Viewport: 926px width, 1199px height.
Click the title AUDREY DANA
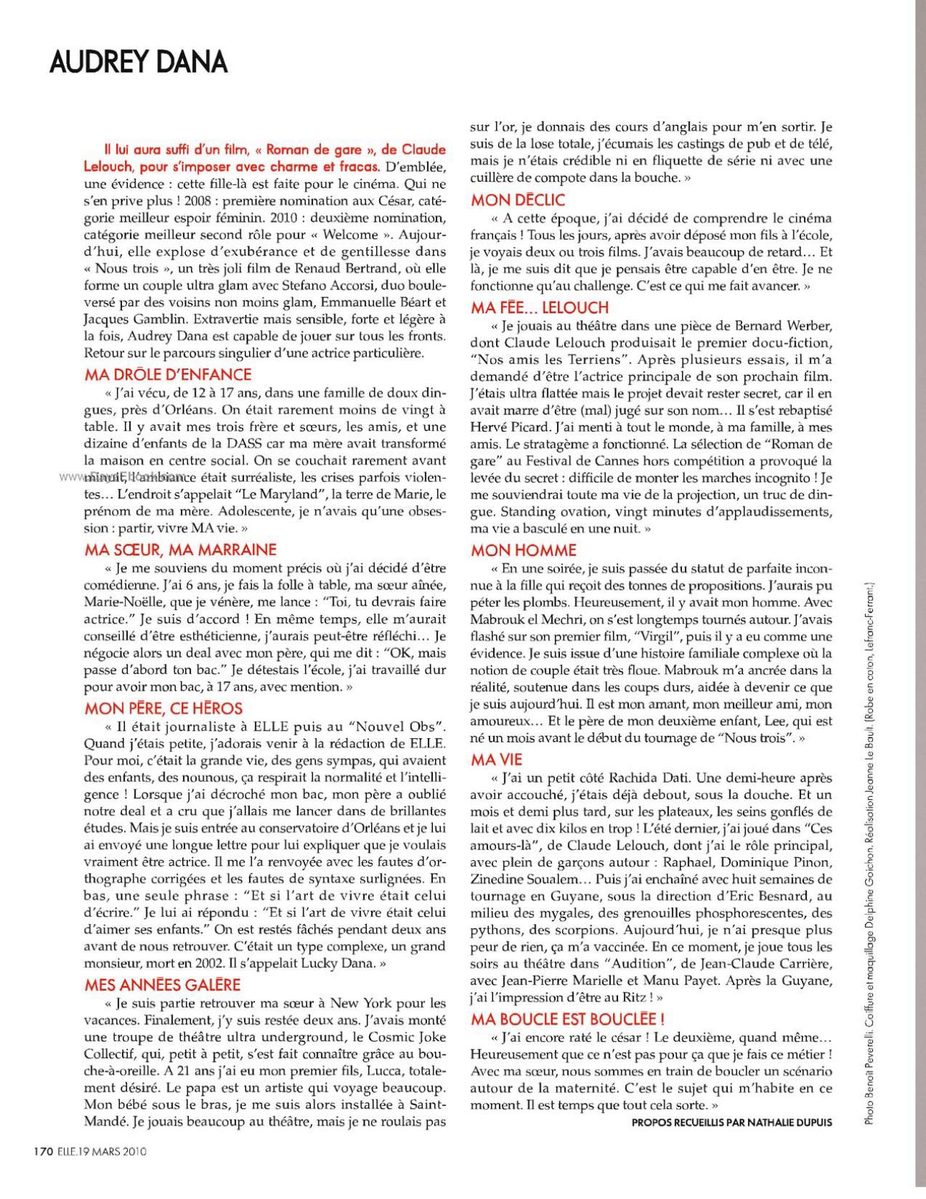pos(139,62)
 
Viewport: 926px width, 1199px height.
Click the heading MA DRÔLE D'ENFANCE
pos(168,374)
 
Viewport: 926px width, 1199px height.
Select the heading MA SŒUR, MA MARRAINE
pos(180,550)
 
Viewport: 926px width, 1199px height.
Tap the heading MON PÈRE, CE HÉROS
pos(164,708)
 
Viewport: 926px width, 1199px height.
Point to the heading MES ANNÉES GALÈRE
pos(162,985)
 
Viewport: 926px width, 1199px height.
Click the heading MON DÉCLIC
pos(518,200)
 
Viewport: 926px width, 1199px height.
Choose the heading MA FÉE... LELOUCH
pos(540,307)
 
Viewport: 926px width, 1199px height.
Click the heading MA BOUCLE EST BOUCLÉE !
pos(567,1019)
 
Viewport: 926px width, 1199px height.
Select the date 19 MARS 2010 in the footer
pos(116,1151)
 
